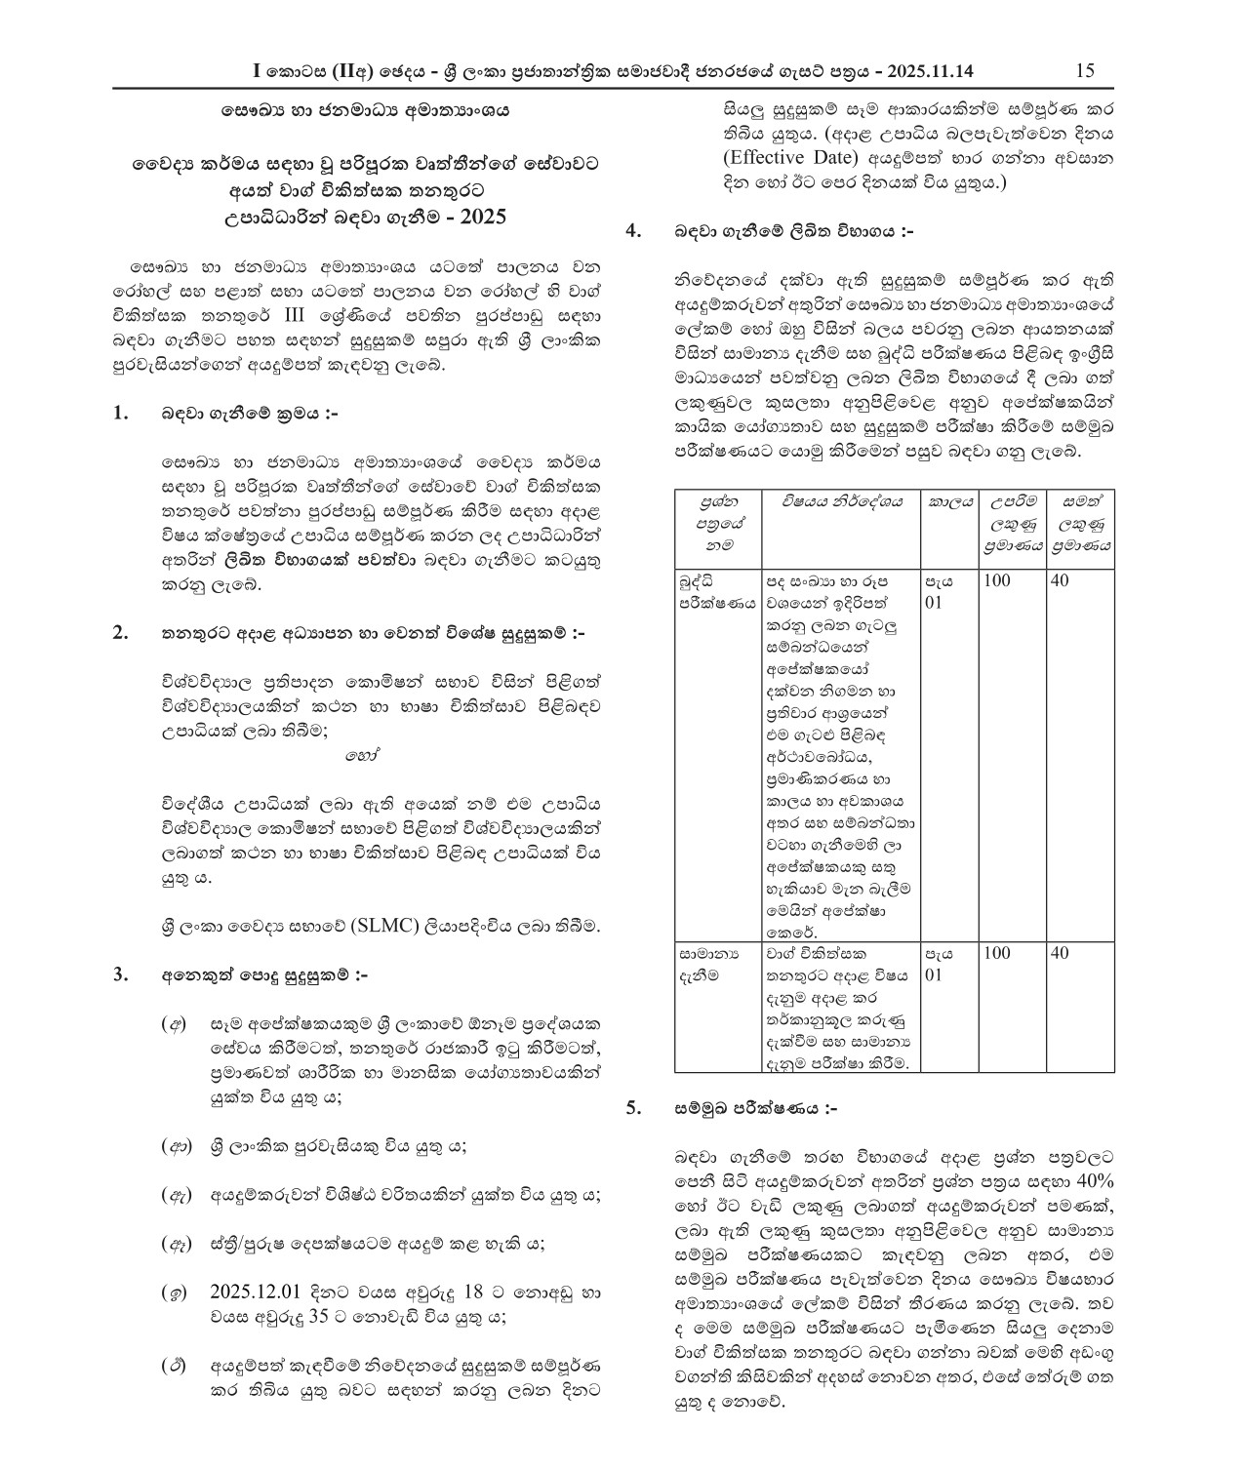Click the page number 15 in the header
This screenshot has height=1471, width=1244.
(1084, 70)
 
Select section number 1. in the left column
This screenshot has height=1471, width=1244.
(121, 414)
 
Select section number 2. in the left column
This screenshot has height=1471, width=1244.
(121, 634)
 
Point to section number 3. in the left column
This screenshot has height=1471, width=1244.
(121, 974)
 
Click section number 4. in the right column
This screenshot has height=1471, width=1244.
(633, 231)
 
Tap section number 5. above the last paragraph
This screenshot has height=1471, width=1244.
(633, 1108)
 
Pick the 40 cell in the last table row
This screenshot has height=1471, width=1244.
(1061, 953)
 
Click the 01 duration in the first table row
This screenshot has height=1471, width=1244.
(934, 603)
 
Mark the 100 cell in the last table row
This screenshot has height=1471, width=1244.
(997, 953)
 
